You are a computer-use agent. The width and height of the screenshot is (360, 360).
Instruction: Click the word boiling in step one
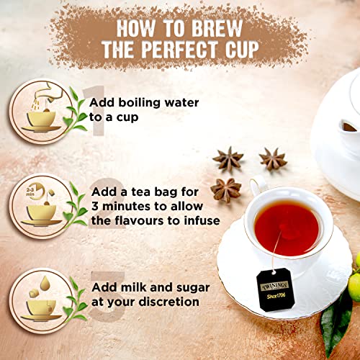tap(139, 103)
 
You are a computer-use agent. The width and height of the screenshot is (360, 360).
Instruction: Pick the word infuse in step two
tap(202, 220)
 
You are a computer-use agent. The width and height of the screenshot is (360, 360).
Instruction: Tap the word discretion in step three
tap(169, 302)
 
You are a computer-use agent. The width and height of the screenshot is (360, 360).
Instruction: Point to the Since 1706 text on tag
tap(276, 295)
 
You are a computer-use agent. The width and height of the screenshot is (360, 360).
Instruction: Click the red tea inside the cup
tap(287, 227)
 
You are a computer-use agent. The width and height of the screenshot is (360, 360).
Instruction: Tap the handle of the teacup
tap(258, 185)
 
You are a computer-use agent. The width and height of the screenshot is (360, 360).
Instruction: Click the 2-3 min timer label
tap(30, 191)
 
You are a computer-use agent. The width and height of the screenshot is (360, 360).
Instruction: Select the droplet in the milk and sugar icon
tap(45, 283)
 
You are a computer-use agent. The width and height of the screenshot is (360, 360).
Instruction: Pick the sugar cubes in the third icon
tap(34, 293)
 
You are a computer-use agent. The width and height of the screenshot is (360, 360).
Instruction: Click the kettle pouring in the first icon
tap(53, 92)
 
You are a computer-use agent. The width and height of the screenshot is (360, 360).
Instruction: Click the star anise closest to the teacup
tap(226, 190)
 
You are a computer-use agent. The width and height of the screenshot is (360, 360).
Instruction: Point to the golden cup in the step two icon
tap(42, 212)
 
